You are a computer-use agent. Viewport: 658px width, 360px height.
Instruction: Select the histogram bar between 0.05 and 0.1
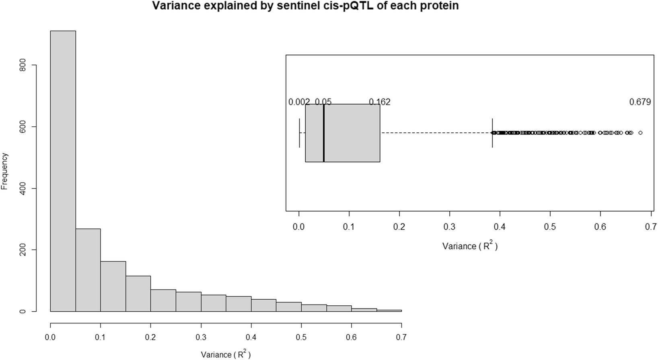point(88,270)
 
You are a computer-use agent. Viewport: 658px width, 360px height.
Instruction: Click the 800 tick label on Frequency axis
point(23,65)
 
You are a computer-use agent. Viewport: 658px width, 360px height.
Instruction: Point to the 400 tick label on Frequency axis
point(23,188)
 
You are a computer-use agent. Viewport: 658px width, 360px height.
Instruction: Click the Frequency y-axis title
point(4,171)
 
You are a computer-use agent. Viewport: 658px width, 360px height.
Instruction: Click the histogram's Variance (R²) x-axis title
point(226,354)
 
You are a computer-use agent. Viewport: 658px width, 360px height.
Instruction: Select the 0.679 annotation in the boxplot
point(640,102)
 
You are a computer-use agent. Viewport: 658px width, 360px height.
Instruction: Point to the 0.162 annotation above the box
point(380,102)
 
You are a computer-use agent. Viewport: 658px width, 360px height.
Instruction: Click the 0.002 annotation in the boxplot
point(299,102)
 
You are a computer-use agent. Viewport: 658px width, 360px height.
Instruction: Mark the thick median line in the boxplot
point(324,133)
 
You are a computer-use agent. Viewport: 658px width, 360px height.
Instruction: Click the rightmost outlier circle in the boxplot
point(640,133)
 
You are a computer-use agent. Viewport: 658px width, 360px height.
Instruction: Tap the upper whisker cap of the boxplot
point(492,133)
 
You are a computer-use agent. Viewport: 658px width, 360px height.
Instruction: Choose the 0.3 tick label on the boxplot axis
point(450,226)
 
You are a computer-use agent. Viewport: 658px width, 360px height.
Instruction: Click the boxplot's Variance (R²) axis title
point(470,246)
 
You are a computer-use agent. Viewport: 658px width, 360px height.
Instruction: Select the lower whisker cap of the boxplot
point(300,133)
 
